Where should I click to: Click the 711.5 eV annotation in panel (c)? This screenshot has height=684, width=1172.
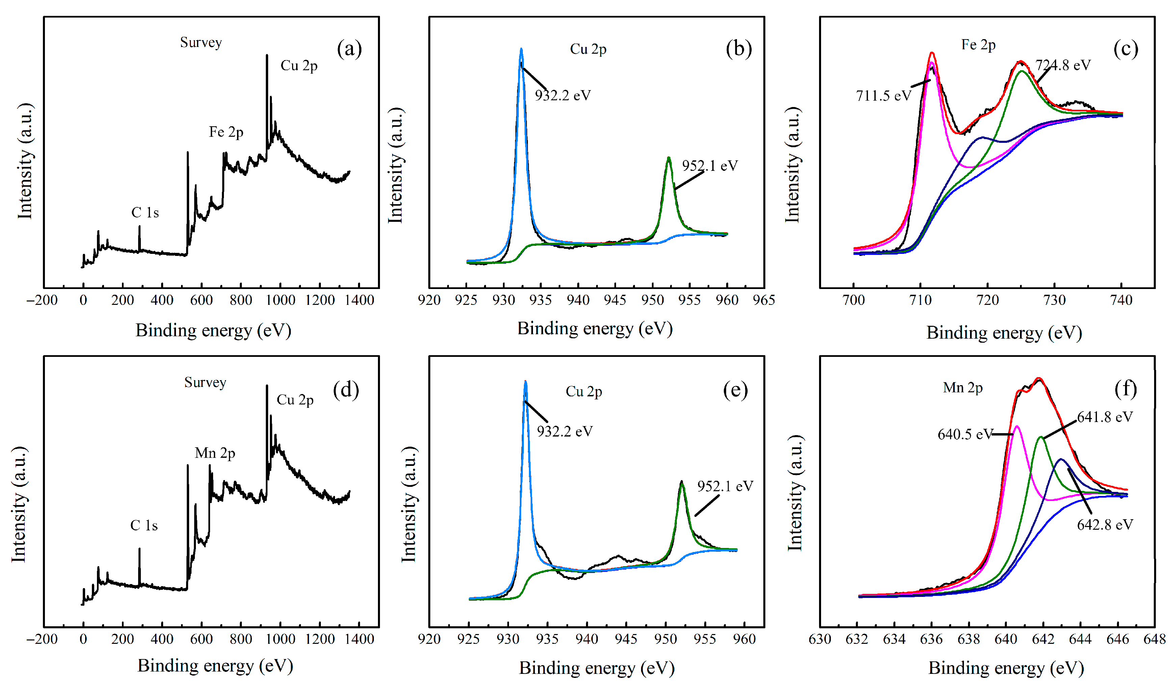(x=883, y=96)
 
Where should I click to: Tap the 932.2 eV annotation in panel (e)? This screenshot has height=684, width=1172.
(x=565, y=431)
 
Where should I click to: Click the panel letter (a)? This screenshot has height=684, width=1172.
(x=349, y=49)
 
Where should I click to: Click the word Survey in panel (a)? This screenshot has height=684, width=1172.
(x=201, y=43)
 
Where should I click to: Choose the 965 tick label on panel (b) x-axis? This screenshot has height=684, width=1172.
(x=764, y=300)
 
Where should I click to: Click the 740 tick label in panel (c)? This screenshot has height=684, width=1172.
(x=1121, y=300)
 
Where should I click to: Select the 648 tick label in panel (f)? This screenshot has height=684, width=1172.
(x=1154, y=639)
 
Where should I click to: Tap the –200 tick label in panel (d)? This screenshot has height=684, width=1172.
(x=42, y=639)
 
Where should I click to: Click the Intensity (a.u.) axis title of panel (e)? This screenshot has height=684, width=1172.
(x=408, y=504)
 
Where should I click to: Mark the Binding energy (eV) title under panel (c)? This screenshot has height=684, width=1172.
(x=1004, y=333)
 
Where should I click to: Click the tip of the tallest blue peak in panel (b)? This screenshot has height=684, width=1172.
(x=521, y=48)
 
